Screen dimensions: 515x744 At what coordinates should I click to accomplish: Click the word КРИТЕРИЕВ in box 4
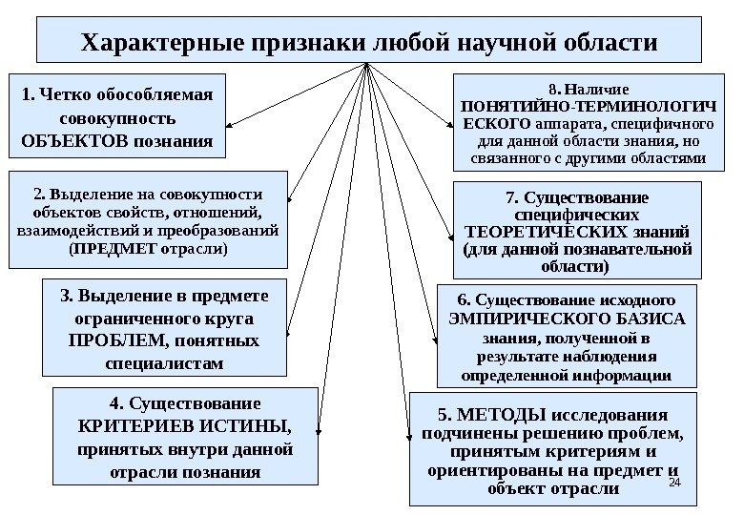coord(132,425)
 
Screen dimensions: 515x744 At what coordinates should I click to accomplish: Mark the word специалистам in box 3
coord(167,363)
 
